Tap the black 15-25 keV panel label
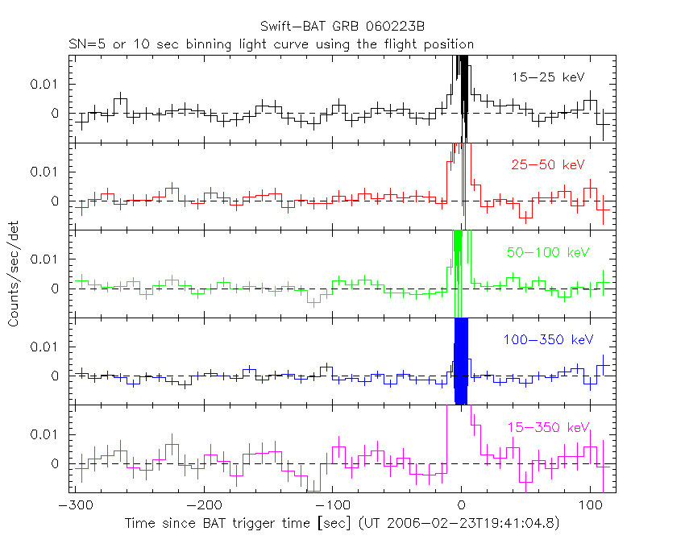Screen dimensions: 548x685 (547, 77)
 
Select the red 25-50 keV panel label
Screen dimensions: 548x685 (547, 165)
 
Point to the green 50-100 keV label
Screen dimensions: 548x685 (548, 252)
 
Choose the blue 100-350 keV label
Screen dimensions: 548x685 (544, 340)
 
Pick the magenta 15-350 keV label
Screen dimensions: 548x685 (547, 427)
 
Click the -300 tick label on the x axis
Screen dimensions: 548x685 (74, 505)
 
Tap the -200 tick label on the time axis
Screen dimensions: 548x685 (203, 505)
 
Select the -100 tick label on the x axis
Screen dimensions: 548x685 (332, 505)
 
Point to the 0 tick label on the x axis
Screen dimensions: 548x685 (462, 505)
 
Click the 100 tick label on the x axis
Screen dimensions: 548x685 (591, 505)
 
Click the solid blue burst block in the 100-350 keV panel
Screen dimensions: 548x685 (462, 361)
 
